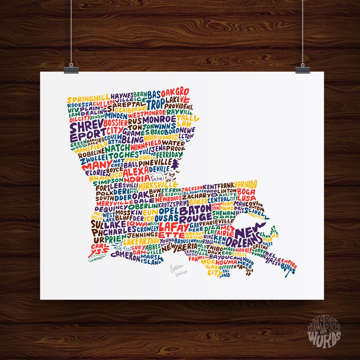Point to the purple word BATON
point(195,209)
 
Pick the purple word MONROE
point(159,120)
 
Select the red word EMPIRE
point(289,262)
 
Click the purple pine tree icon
point(175,164)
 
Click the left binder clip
point(71,70)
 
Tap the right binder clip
point(303,70)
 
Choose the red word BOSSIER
point(116,123)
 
